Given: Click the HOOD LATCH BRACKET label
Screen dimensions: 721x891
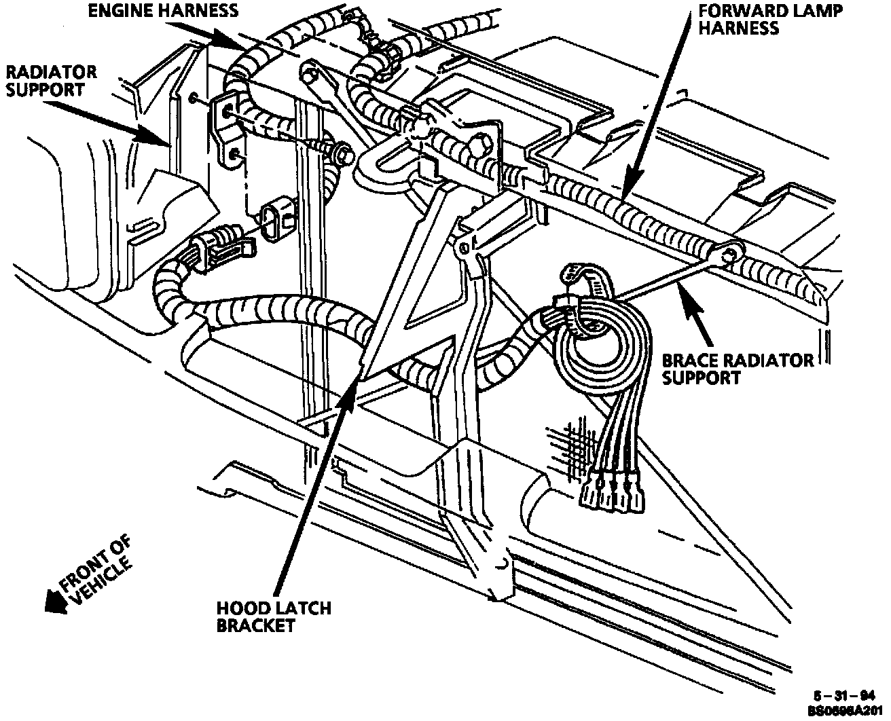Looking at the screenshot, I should pyautogui.click(x=273, y=616).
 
